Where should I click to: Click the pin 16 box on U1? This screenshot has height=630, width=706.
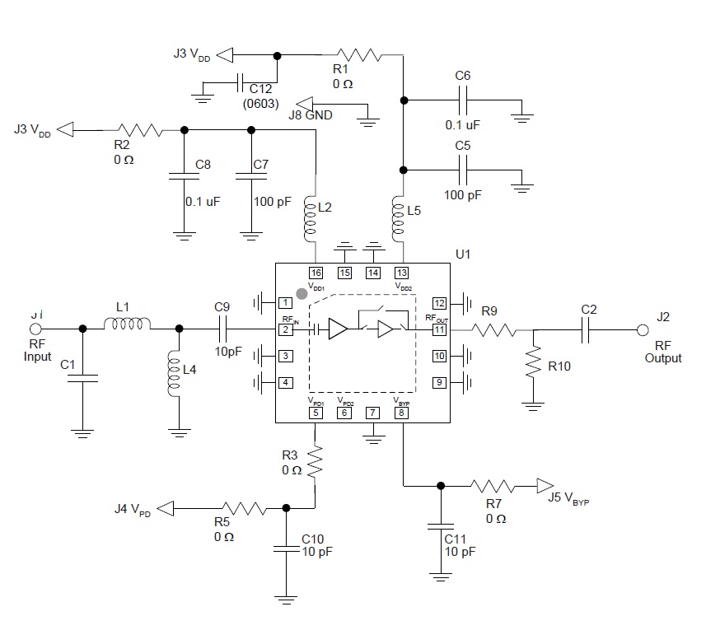click(x=316, y=273)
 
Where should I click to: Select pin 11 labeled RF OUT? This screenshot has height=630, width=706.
click(x=440, y=329)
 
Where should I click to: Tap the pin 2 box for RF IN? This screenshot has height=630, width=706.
click(x=285, y=329)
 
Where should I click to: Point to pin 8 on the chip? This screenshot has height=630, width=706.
click(x=401, y=413)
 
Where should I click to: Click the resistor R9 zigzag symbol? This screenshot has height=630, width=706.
click(x=494, y=329)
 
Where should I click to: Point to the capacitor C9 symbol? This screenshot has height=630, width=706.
click(x=222, y=329)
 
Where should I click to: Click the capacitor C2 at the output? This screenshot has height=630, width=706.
click(x=587, y=329)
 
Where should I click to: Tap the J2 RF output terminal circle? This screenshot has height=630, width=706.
click(x=643, y=329)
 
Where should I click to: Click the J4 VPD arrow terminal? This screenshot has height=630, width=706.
click(x=166, y=509)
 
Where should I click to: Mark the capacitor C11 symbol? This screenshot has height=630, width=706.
click(x=441, y=525)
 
